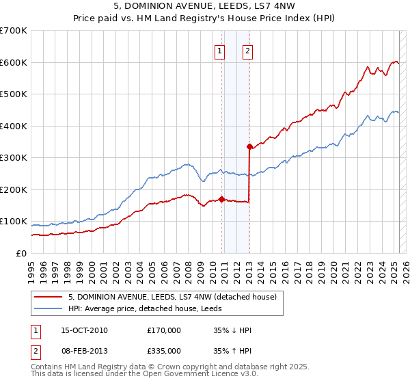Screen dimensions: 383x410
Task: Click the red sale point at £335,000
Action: [249, 146]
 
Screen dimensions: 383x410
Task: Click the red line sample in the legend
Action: [49, 297]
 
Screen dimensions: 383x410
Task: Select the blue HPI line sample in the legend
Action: [49, 308]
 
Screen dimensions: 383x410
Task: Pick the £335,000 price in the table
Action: [164, 350]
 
